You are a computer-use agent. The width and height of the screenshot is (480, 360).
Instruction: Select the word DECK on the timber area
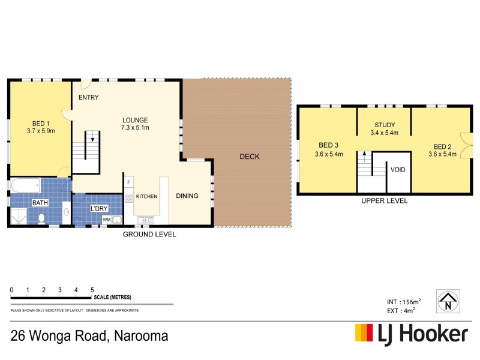(x=250, y=157)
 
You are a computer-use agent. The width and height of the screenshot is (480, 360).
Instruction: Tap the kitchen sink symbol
(x=145, y=220)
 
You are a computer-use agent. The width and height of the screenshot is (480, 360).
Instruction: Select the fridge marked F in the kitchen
(x=129, y=181)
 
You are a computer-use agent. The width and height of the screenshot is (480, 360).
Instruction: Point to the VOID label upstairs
(x=398, y=170)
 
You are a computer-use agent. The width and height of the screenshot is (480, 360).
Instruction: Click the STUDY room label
(x=384, y=125)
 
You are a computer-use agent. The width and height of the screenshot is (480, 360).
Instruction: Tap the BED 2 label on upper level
(x=443, y=146)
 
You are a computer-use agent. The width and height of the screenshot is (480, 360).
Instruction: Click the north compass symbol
(x=447, y=301)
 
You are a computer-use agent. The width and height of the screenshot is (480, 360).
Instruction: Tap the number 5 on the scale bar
(x=92, y=290)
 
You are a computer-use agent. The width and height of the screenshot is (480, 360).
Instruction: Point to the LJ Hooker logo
(x=412, y=334)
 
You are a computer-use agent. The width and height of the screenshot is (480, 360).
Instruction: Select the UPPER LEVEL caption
(x=384, y=201)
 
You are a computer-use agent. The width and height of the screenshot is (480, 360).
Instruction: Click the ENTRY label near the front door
(x=88, y=98)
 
